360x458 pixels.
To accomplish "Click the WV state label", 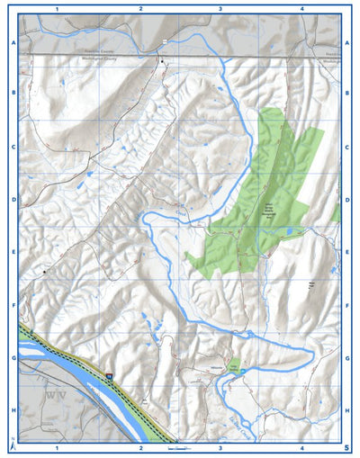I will pos(57,394).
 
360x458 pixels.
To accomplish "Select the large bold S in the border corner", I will pos(346,446).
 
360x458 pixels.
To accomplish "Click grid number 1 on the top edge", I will pos(57,8).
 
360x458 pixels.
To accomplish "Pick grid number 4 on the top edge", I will pos(302,8).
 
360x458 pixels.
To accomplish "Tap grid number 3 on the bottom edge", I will pos(221,447).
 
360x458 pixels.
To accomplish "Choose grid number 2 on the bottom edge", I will pos(140,447).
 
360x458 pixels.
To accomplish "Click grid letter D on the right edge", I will pos(347,201).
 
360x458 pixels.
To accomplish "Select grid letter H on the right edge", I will pos(347,410).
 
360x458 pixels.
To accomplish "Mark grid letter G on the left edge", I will pos(13,358).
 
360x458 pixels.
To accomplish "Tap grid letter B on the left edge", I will pos(13,93).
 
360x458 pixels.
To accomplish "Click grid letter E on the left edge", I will pos(13,253).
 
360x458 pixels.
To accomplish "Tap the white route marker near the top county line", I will pos(166,42).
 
